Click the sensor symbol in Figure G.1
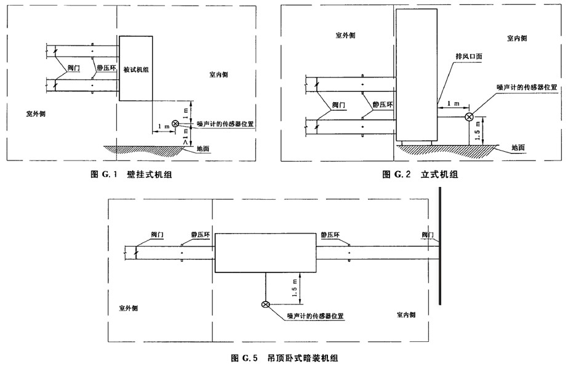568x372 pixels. tap(175, 124)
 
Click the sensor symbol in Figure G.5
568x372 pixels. tap(265, 304)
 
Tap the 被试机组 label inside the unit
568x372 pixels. tap(136, 69)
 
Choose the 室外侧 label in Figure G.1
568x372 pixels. tap(36, 114)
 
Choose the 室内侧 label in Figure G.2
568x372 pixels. tap(516, 38)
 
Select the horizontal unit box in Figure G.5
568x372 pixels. tap(265, 252)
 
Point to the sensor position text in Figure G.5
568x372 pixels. tap(314, 316)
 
